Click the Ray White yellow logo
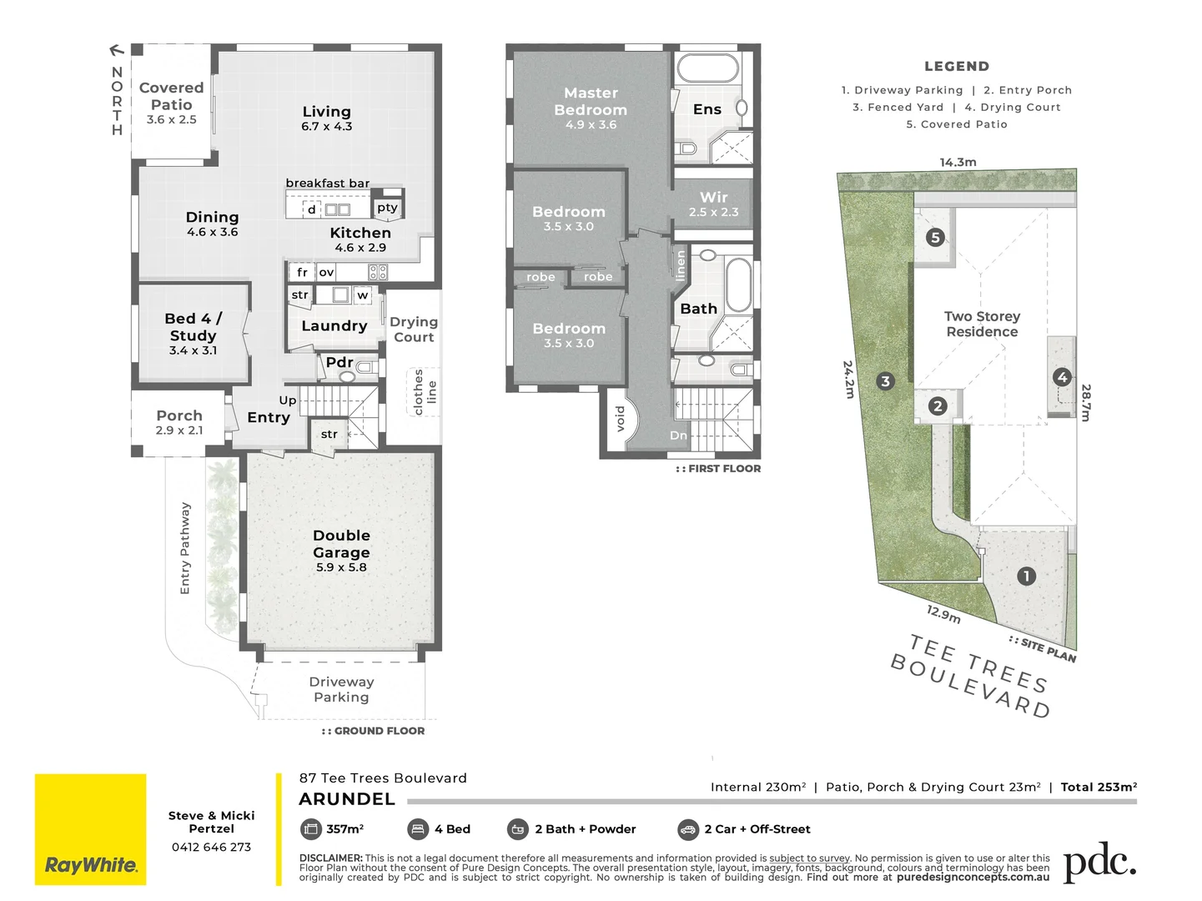coord(90,829)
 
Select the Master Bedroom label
coord(591,102)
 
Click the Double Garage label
coord(341,544)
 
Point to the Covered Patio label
coord(171,96)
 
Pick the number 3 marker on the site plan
coord(885,381)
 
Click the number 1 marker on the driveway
coord(1026,576)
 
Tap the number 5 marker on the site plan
coord(934,238)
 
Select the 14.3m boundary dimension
coord(958,162)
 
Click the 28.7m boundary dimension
coord(1085,402)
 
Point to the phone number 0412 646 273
coord(211,847)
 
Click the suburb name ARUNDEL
coord(347,799)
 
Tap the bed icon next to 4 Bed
coord(418,829)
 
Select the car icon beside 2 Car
coord(687,829)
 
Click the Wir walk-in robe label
coord(713,197)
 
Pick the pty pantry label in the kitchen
coord(387,208)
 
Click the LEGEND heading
coord(956,67)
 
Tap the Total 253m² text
coord(1099,787)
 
